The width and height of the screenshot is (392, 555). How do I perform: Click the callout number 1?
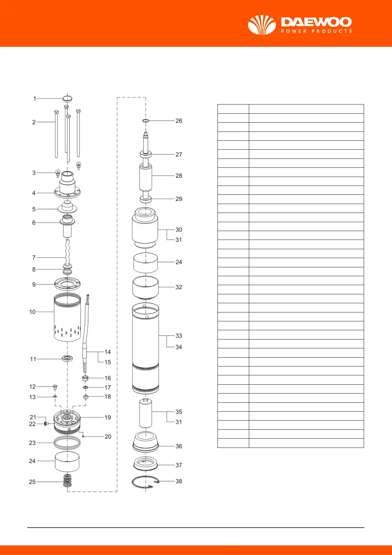coord(35,99)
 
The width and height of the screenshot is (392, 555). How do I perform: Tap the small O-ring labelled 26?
coord(145,121)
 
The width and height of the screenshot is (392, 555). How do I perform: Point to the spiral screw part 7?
coord(67,252)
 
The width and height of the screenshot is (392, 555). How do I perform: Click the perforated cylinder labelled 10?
coord(67,317)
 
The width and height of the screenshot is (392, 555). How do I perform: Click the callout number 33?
coord(179,336)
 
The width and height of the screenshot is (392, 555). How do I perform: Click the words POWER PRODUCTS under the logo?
coord(316,31)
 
